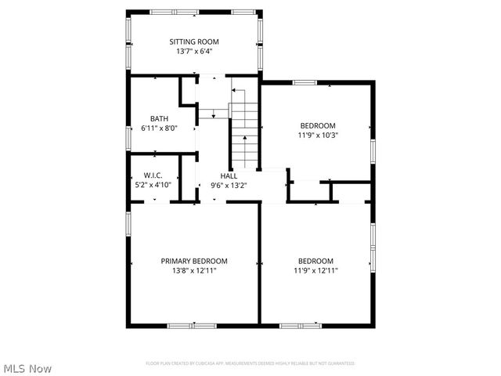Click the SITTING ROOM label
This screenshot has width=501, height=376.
click(x=194, y=42)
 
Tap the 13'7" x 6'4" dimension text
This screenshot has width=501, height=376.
click(x=194, y=52)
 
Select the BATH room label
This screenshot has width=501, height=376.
click(x=159, y=118)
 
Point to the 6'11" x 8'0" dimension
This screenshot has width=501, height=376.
click(x=159, y=128)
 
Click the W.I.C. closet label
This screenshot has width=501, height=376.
click(x=153, y=175)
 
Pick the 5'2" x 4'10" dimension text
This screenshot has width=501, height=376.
click(x=153, y=185)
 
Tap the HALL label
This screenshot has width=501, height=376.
click(x=229, y=175)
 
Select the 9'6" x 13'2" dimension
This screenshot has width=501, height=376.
click(x=229, y=186)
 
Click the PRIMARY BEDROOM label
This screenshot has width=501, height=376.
click(x=194, y=261)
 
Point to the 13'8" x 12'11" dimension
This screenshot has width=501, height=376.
click(x=194, y=270)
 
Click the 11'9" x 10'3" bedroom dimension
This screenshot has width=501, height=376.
click(x=318, y=135)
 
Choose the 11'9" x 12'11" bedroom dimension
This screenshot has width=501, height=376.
click(x=315, y=270)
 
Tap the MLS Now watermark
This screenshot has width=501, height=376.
click(x=28, y=367)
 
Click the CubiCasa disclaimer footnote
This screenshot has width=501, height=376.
click(x=250, y=363)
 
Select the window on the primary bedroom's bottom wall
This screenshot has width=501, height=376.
click(x=193, y=325)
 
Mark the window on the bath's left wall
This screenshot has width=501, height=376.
click(x=128, y=137)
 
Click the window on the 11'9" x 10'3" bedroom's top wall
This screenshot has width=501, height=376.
click(x=304, y=82)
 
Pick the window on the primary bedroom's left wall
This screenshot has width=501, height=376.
click(x=128, y=222)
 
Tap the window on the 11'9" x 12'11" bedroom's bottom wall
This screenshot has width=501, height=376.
click(x=300, y=325)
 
